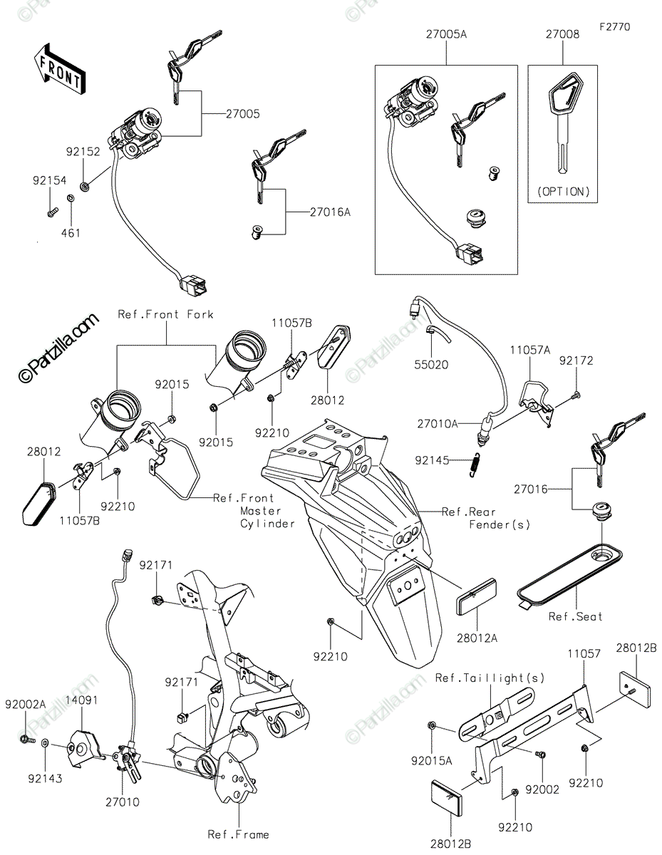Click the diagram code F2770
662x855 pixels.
pyautogui.click(x=615, y=27)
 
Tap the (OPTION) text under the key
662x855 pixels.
pyautogui.click(x=562, y=191)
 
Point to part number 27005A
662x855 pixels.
pyautogui.click(x=447, y=33)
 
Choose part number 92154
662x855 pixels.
pyautogui.click(x=48, y=182)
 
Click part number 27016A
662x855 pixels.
pyautogui.click(x=330, y=212)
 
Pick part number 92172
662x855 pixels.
pyautogui.click(x=576, y=361)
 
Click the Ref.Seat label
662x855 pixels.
pyautogui.click(x=575, y=616)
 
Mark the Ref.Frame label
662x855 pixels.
pyautogui.click(x=238, y=834)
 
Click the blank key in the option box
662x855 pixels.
pyautogui.click(x=562, y=128)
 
